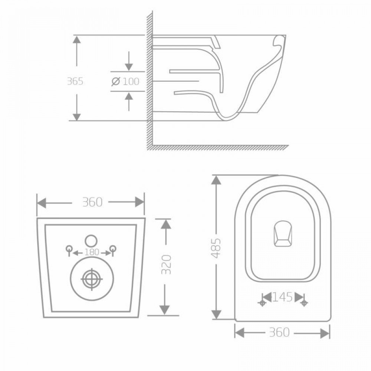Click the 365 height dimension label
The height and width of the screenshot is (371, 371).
tap(75, 81)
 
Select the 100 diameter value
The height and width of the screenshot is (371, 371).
tap(131, 81)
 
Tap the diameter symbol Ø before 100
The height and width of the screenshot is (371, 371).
tap(116, 81)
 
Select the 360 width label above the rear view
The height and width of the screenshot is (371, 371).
tap(92, 202)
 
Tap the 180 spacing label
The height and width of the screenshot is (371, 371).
tap(92, 252)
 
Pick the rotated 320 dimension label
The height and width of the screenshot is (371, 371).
tap(167, 264)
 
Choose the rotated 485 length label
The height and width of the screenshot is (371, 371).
tap(217, 247)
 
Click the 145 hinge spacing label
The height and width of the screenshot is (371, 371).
tap(283, 297)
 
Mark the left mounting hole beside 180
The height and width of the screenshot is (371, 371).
tap(69, 249)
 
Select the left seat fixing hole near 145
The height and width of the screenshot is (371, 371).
tap(262, 303)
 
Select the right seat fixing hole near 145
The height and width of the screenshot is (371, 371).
tap(304, 303)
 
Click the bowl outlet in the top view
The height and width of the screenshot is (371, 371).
tap(283, 233)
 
